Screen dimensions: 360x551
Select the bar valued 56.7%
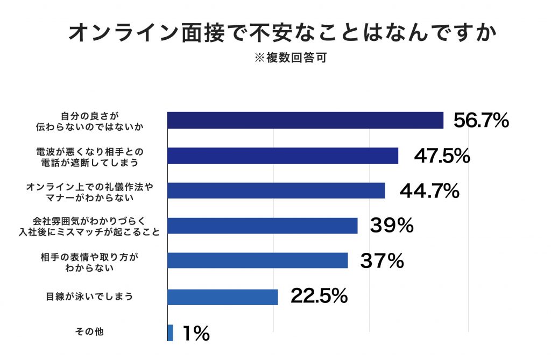[x=305, y=121]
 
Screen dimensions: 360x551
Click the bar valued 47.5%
[x=282, y=156]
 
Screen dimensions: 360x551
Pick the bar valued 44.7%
[x=276, y=190]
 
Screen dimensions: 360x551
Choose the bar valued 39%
[x=262, y=225]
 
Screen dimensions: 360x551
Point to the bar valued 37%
[x=257, y=260]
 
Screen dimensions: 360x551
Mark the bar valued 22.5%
[x=222, y=297]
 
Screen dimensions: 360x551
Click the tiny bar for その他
[x=170, y=333]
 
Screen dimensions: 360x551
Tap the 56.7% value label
[x=481, y=121]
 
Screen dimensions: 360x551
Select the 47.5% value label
[x=442, y=156]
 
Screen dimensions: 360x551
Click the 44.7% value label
[x=429, y=190]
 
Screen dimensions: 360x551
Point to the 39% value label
[x=391, y=226]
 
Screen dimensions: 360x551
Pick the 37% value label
[x=382, y=261]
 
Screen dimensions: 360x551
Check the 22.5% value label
[x=319, y=296]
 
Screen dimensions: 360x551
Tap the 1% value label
[x=196, y=334]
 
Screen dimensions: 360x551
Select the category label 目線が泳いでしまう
[x=89, y=297]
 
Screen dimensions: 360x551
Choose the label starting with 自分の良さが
[x=89, y=121]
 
